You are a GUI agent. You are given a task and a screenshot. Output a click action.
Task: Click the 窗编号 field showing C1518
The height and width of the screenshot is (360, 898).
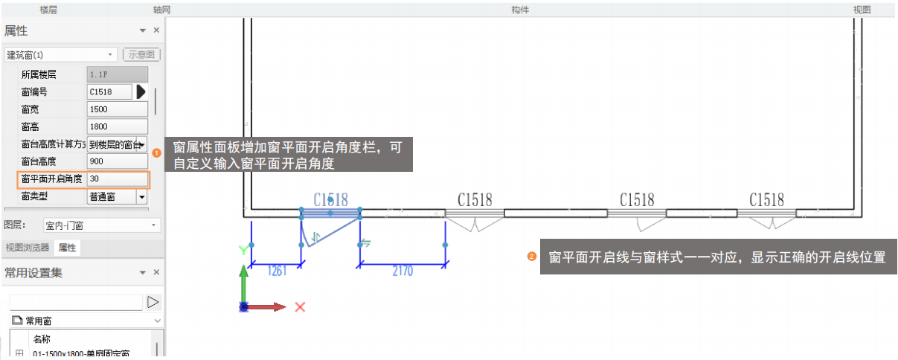[109, 91]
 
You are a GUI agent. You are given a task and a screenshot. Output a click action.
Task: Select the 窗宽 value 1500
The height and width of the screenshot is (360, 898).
[117, 109]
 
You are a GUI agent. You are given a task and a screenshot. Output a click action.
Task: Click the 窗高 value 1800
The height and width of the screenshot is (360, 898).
[117, 126]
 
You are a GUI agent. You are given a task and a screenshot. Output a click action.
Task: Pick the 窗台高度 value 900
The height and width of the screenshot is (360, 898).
[117, 161]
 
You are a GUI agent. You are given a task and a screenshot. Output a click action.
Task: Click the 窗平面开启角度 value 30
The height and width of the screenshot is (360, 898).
[117, 179]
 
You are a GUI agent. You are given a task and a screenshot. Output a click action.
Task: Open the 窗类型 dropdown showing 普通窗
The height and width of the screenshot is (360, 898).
[141, 197]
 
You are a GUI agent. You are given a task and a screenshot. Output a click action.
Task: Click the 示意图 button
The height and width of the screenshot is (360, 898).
[141, 54]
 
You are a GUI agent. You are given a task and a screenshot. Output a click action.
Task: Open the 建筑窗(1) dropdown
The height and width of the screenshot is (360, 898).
[60, 54]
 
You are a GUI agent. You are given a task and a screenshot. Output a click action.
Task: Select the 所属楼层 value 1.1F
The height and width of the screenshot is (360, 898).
[117, 74]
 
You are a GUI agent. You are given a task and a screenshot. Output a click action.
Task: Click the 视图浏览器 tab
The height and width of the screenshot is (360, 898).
[27, 248]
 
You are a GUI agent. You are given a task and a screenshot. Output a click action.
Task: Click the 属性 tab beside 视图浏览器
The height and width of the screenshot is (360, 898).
[67, 248]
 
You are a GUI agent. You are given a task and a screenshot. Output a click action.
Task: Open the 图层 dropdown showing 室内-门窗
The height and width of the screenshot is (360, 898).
[101, 225]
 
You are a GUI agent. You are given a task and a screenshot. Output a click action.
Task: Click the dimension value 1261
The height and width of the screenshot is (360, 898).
[276, 271]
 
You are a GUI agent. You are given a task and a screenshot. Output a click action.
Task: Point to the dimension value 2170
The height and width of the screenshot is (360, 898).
[402, 271]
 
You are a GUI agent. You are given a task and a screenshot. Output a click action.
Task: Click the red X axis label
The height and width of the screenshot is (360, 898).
[301, 306]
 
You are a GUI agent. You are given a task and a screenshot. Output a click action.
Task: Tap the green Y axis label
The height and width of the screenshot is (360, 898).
[243, 250]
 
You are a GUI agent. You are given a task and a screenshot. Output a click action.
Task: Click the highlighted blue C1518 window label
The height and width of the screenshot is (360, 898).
[330, 199]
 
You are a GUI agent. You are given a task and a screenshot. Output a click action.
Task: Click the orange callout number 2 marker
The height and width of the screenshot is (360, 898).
[531, 257]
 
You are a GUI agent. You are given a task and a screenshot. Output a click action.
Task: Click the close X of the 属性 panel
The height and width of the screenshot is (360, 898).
[156, 30]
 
